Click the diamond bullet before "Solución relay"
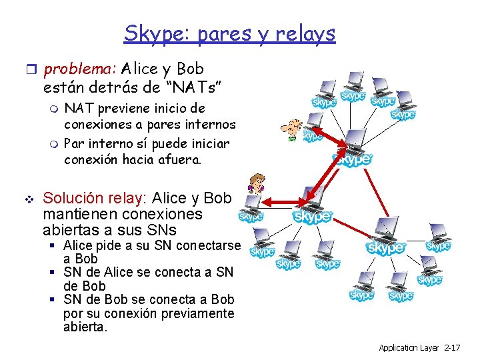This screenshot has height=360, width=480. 27,199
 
